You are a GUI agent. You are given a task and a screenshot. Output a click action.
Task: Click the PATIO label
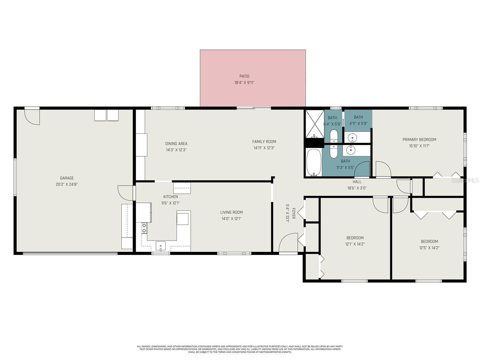coord(244,76)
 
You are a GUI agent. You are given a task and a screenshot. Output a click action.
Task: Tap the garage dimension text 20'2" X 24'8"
coord(67,184)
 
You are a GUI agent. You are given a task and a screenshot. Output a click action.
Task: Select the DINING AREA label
coord(176,143)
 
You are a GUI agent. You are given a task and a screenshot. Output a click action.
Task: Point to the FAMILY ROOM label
coord(264,142)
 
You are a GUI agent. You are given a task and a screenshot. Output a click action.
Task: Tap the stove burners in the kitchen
coord(144,228)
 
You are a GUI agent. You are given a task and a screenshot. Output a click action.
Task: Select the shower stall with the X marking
coord(315,124)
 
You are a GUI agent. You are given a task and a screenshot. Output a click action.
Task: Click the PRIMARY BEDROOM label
coord(419,139)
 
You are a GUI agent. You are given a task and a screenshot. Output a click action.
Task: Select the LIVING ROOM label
coord(231,212)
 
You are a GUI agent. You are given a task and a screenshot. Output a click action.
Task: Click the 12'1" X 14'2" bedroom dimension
coord(355,244)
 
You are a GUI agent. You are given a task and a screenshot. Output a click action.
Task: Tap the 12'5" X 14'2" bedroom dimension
coord(429,248)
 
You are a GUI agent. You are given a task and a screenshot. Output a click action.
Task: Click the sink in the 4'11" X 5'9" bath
coord(352,138)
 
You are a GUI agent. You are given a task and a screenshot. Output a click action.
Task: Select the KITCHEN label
coord(170,197)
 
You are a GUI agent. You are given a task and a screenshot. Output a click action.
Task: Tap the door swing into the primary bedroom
coord(383,169)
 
